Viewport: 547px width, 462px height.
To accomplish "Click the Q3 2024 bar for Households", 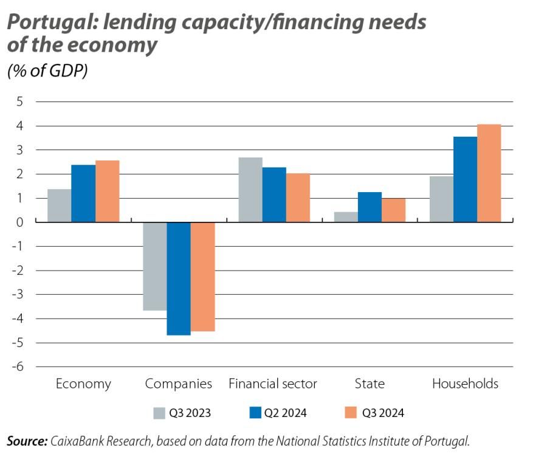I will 489,173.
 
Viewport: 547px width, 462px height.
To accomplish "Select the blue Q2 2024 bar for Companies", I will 179,278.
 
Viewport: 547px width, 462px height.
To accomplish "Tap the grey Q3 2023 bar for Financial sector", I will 250,190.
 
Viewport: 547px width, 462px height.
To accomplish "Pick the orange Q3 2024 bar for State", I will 393,210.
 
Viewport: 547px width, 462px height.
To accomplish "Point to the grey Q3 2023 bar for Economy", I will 60,205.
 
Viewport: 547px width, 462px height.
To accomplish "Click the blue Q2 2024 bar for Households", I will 465,179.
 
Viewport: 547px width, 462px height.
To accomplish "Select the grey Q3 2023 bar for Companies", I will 155,266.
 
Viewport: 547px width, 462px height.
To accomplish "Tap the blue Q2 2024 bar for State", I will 370,207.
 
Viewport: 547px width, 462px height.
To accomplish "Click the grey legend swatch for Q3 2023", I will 159,413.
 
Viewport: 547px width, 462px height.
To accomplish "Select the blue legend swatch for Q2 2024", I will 255,413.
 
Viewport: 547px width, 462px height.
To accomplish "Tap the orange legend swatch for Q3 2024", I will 351,413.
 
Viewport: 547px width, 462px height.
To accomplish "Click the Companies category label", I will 178,384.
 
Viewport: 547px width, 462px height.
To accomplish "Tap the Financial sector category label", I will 273,384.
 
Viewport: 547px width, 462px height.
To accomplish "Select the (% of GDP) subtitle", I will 47,71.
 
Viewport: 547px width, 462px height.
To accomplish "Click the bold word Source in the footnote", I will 26,441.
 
